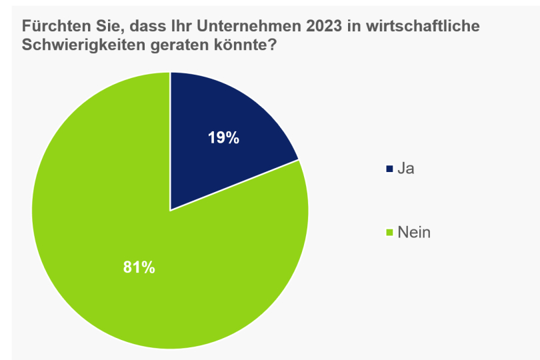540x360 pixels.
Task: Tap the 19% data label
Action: [223, 138]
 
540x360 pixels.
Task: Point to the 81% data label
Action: [139, 268]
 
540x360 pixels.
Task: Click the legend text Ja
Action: [406, 169]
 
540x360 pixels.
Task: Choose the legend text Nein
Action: [414, 233]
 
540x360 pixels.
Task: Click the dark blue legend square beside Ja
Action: [389, 169]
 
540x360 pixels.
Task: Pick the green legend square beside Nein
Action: [389, 233]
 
